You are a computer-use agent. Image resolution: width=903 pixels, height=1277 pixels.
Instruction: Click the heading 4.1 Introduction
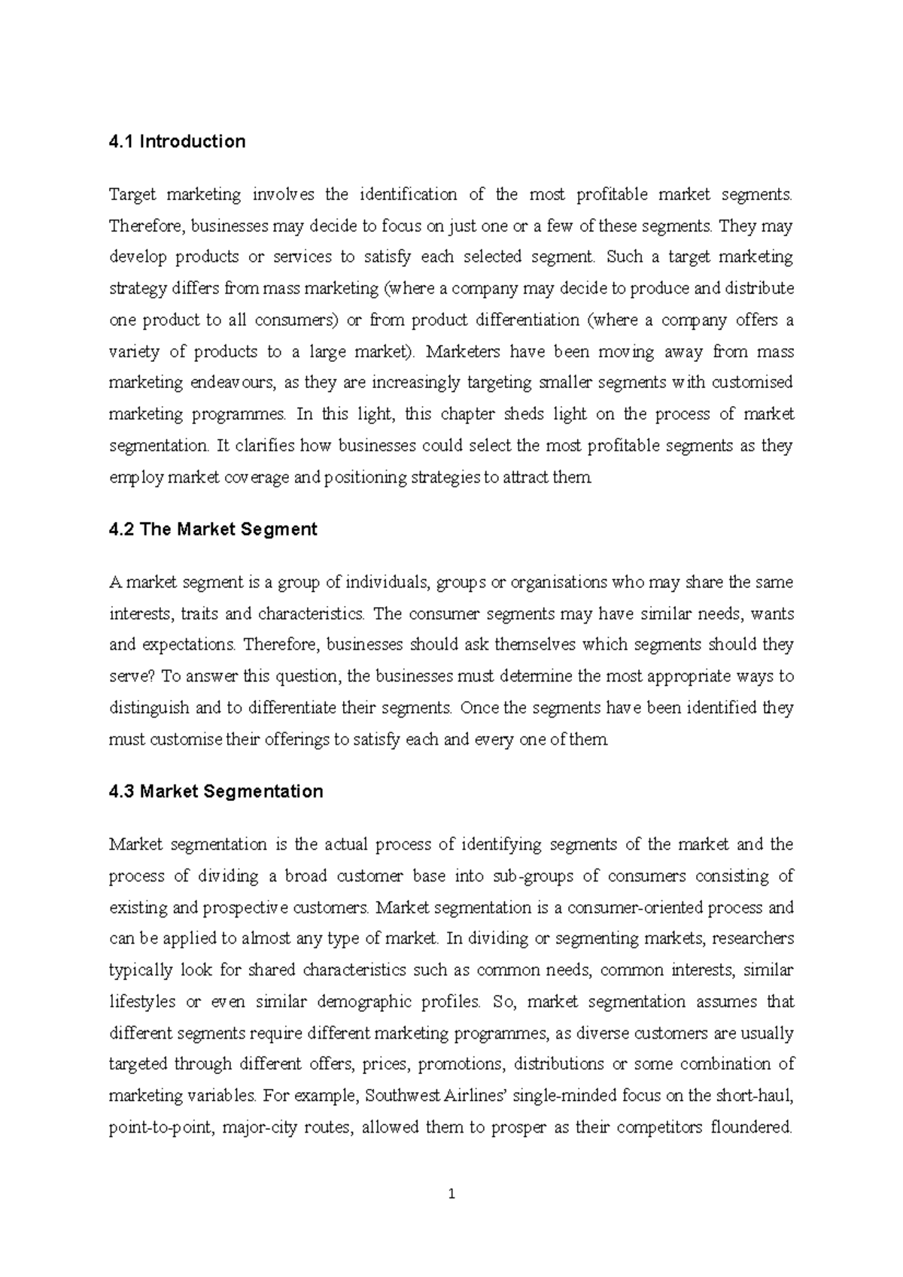pyautogui.click(x=177, y=141)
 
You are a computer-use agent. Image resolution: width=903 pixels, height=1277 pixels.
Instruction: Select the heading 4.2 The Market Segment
pyautogui.click(x=213, y=529)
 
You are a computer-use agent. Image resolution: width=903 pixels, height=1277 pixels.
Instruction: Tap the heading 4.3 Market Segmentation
pyautogui.click(x=216, y=791)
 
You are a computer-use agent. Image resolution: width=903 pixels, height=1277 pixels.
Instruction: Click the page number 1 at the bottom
pyautogui.click(x=451, y=1194)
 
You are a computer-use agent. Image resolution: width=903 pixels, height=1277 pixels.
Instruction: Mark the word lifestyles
pyautogui.click(x=143, y=1002)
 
